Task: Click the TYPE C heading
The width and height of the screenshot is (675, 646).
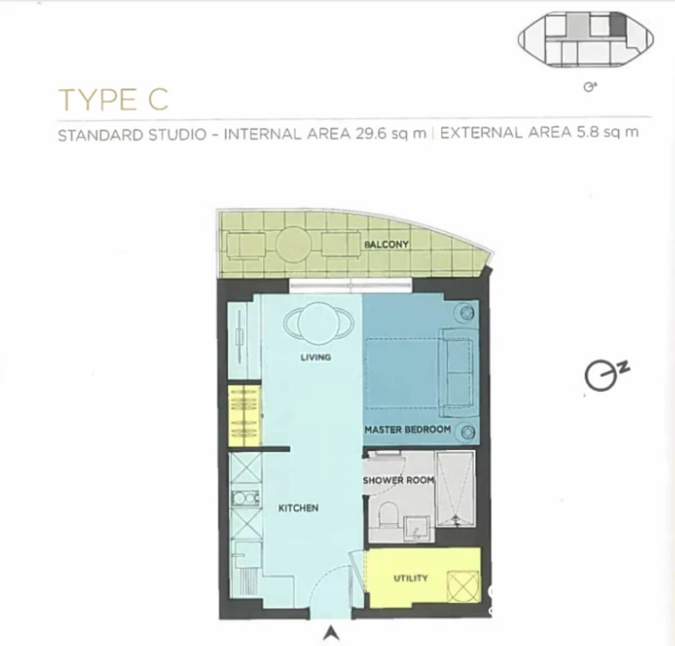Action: (114, 100)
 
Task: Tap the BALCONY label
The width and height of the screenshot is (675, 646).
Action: (386, 245)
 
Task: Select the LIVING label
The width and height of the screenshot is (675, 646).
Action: (316, 357)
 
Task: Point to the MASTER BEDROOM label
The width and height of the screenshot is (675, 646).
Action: (408, 430)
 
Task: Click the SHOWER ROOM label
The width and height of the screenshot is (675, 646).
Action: (398, 481)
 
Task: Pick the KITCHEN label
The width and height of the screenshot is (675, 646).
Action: (298, 508)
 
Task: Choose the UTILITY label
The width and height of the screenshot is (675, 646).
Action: (410, 578)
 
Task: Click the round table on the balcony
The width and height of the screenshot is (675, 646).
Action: (294, 244)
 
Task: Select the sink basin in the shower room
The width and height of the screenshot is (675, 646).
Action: (416, 528)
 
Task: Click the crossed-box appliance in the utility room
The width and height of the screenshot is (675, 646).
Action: (463, 587)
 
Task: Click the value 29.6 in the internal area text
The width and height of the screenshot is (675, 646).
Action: (371, 133)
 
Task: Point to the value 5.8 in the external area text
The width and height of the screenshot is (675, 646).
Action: (588, 132)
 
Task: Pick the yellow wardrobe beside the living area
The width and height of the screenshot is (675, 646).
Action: (244, 416)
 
